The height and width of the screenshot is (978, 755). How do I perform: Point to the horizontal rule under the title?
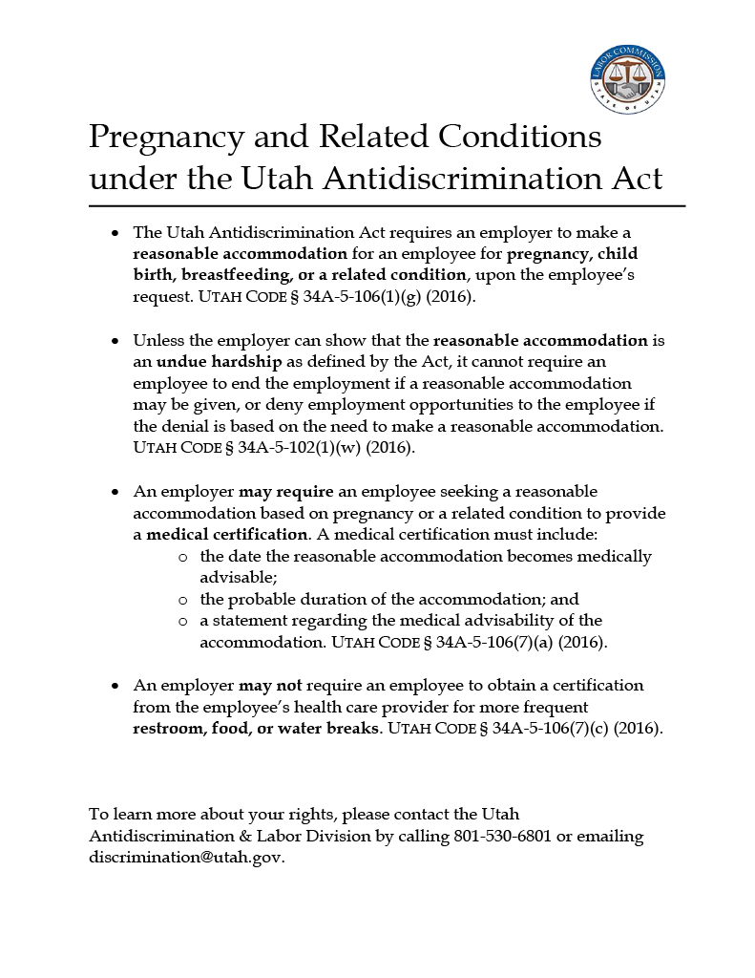pos(387,205)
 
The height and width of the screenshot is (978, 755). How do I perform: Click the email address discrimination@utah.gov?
pos(186,858)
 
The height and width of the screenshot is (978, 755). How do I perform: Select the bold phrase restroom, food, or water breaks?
pos(257,728)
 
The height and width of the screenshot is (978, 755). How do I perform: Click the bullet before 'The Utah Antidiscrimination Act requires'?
pos(115,233)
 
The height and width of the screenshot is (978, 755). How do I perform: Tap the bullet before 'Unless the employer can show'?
pos(115,340)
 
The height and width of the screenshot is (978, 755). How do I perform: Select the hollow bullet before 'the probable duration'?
pos(182,600)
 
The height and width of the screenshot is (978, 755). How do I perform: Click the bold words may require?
pos(285,492)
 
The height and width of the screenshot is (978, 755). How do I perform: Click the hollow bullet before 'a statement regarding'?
pos(182,622)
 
